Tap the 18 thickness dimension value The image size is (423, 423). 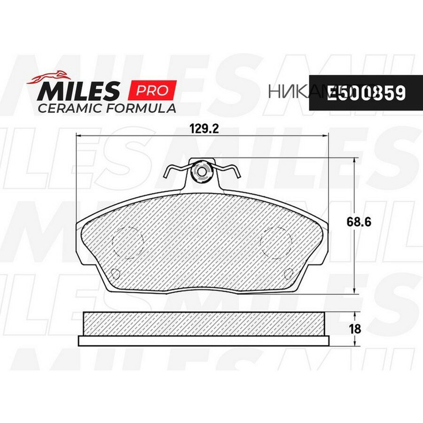point(355,329)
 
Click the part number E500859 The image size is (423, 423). point(366,93)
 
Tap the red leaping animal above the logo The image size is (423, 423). point(48,78)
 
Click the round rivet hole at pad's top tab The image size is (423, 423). point(202,172)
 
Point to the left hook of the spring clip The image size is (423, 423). point(167,172)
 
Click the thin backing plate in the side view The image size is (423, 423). point(203,341)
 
